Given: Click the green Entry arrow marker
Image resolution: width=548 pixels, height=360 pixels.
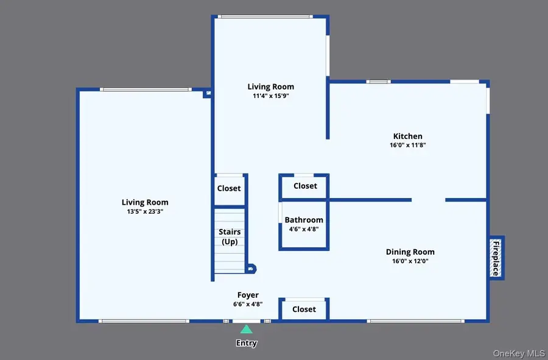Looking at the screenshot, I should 246,329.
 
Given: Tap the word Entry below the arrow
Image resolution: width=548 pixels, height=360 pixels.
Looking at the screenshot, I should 246,343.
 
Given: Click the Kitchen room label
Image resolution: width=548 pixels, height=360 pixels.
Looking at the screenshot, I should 407,136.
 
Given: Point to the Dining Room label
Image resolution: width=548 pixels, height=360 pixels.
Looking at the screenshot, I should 410,252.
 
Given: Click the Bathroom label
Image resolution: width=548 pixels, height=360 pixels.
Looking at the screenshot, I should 304,220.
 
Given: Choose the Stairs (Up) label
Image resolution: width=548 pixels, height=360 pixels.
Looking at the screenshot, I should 230,236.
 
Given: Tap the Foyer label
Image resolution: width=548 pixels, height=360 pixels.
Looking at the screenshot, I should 248,295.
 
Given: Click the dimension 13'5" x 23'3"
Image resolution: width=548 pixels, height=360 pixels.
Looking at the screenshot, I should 145,211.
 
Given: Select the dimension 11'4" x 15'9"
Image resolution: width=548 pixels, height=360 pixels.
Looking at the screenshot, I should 270,96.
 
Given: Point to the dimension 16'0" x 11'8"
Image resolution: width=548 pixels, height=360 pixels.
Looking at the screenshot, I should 407,145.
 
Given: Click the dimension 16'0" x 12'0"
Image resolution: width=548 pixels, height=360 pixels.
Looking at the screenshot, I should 410,261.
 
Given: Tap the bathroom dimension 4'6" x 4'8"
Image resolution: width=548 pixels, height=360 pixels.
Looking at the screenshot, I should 304,229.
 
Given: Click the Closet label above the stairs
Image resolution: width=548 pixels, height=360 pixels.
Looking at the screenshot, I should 229,188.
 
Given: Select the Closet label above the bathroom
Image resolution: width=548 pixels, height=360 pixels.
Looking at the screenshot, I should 305,186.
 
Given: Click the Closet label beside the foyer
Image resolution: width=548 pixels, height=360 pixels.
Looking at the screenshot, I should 304,309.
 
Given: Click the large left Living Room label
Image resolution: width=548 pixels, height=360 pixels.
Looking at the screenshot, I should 145,202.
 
